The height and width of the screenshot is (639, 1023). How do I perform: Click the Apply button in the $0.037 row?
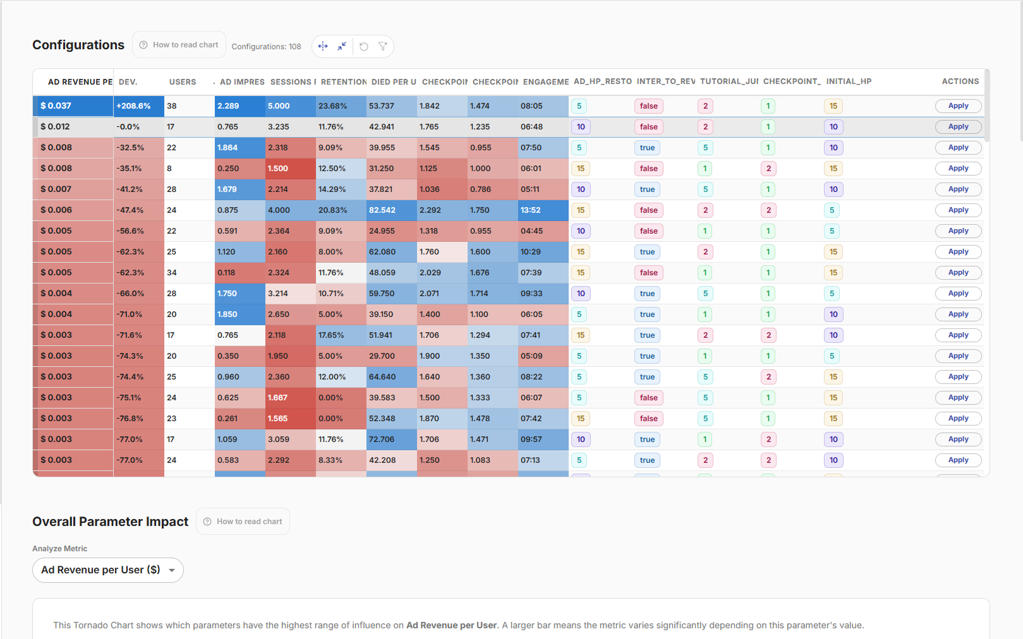point(958,106)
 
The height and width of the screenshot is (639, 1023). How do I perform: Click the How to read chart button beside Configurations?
point(179,45)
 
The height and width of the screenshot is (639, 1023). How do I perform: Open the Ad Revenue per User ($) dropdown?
point(108,570)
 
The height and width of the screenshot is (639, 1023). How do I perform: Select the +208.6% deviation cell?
point(138,106)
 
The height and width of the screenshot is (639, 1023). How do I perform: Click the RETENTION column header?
point(343,82)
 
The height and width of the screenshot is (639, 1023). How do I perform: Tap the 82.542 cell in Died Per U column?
point(391,210)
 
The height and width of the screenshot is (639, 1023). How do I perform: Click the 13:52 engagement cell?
point(543,210)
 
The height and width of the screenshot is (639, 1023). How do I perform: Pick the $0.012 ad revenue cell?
point(73,127)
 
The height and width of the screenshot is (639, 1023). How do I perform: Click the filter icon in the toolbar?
point(382,46)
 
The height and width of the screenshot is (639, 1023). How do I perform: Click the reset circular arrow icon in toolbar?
point(364,46)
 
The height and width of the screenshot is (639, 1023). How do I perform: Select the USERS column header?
point(183,82)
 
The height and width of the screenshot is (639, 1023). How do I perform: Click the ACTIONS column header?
point(960,81)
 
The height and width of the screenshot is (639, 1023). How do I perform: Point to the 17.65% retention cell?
point(341,335)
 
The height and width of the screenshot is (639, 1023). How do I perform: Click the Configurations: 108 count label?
point(266,47)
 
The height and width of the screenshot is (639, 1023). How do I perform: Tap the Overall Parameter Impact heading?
point(111,522)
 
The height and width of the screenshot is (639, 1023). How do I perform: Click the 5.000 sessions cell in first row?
point(290,106)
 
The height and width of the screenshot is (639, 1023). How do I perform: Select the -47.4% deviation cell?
point(138,210)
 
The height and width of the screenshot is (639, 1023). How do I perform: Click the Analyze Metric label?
point(60,549)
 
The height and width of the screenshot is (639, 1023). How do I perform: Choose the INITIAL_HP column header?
point(849,81)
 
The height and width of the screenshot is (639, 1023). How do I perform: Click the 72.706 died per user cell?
point(391,439)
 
